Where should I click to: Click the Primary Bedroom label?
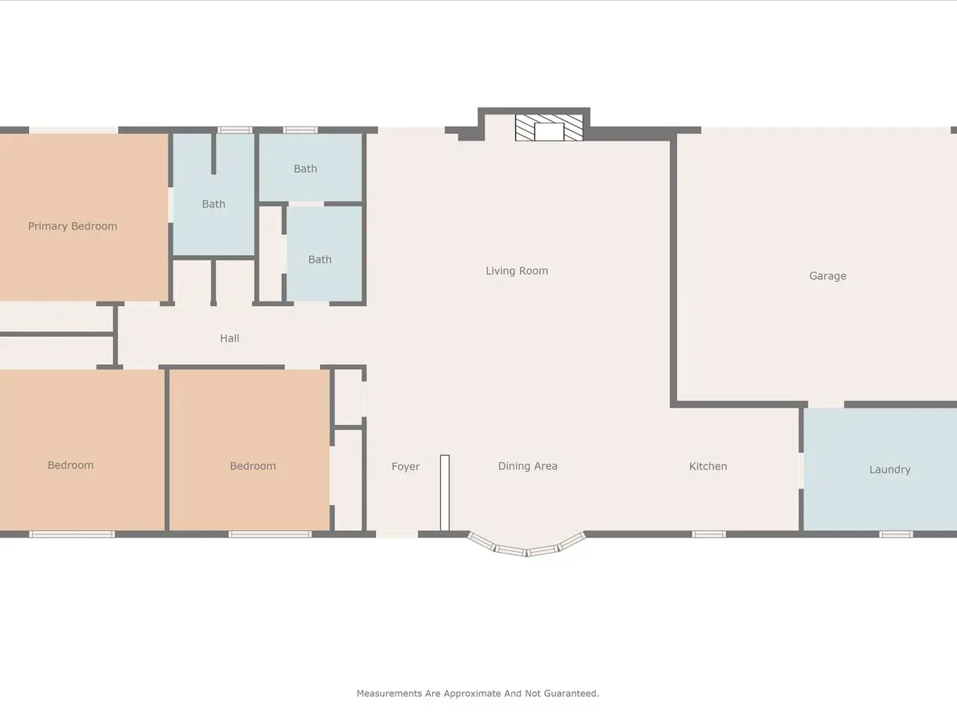[73, 227]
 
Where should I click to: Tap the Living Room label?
[517, 271]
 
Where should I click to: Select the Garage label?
[828, 276]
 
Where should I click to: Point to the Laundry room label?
[890, 470]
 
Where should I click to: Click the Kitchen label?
[708, 466]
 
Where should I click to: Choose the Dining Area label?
[528, 466]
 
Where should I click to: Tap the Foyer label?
[405, 467]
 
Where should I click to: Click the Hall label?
[230, 338]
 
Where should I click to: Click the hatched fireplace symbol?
[549, 128]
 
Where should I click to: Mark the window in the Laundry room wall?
[896, 534]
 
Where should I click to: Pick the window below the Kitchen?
[709, 534]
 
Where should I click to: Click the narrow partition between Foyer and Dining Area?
[445, 493]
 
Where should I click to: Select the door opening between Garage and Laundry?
[825, 405]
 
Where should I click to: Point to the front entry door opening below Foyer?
[397, 534]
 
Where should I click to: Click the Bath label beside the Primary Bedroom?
[214, 204]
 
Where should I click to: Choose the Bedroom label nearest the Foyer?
[253, 466]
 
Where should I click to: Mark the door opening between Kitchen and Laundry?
[801, 471]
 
